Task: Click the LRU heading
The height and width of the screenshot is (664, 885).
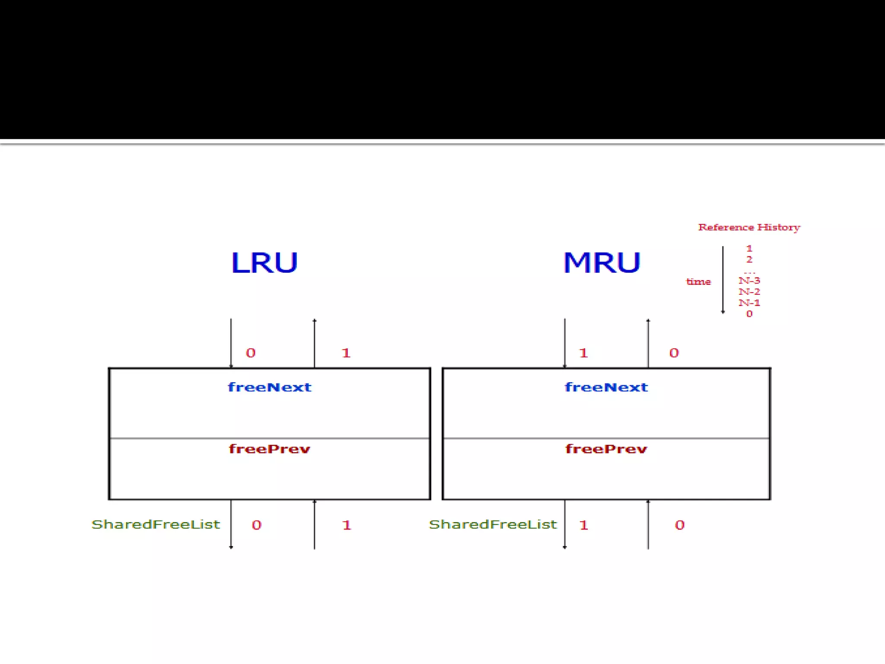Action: (x=264, y=262)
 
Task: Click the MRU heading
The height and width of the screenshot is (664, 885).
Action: (x=602, y=262)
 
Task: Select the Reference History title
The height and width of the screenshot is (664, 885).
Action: (x=749, y=227)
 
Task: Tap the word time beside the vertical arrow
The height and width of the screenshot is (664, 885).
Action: (x=698, y=282)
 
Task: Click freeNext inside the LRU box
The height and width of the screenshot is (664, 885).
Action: (x=269, y=387)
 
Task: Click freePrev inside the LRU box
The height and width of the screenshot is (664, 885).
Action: (x=269, y=449)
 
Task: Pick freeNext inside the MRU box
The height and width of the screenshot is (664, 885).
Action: (x=606, y=387)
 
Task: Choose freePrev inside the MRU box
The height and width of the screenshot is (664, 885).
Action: (x=606, y=449)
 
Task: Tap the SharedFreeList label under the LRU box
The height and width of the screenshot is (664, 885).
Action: (x=156, y=524)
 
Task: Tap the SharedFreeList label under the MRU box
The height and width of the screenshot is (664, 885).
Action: (x=493, y=524)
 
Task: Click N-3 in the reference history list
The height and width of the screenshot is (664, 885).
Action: (x=749, y=281)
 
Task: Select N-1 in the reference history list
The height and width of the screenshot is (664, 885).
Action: (x=749, y=303)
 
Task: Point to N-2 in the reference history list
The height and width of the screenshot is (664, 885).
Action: (x=749, y=292)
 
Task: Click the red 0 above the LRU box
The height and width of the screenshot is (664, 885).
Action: (x=251, y=353)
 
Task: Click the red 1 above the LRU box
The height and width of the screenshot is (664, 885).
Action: (x=346, y=353)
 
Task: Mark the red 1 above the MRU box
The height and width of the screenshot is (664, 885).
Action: (x=583, y=353)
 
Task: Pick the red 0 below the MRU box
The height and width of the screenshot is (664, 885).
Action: (x=680, y=525)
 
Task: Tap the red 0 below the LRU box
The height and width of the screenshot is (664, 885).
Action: (x=257, y=525)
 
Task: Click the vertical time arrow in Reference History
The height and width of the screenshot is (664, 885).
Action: (x=723, y=279)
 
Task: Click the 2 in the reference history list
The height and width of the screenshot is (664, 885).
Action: (x=749, y=259)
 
